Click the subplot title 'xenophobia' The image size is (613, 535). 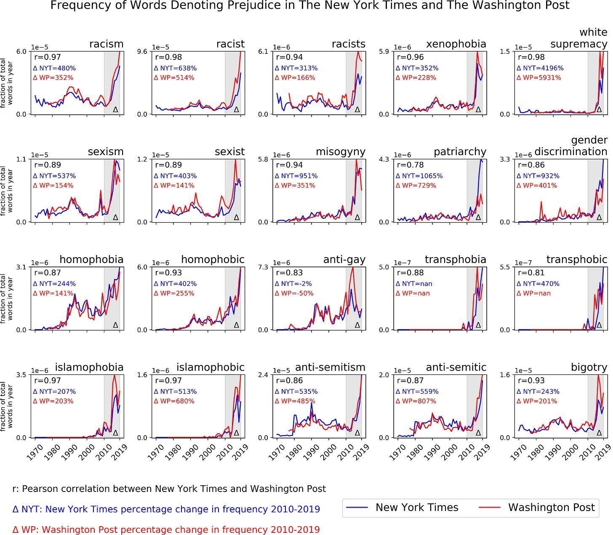tap(456, 44)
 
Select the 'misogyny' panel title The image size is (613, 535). tap(341, 152)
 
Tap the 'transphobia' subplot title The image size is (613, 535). tap(456, 259)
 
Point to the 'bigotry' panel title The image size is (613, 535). tap(589, 367)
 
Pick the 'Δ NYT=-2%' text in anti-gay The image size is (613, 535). tap(293, 284)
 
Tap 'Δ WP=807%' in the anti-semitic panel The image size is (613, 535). tap(416, 401)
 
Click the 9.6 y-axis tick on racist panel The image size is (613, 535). tap(142, 51)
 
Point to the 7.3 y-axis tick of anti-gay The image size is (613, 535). tap(263, 267)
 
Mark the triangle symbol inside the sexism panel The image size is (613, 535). tap(116, 217)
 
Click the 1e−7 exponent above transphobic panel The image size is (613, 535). tap(523, 263)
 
